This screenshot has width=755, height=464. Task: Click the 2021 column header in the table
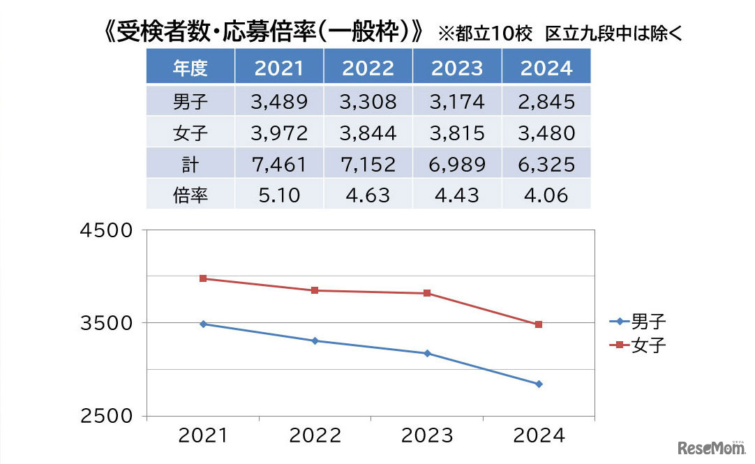tap(279, 68)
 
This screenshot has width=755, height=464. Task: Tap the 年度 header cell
tap(190, 68)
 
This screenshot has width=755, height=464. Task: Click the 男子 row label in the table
tap(190, 102)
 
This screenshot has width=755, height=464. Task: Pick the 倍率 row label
tap(190, 195)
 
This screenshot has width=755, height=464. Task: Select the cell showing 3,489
tap(279, 102)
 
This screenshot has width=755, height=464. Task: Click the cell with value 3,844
tap(368, 133)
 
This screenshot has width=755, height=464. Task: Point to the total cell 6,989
tap(457, 164)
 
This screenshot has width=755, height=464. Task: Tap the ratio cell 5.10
tap(279, 195)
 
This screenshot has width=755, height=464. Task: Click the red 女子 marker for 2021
tap(203, 278)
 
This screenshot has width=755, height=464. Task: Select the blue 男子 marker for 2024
tap(539, 384)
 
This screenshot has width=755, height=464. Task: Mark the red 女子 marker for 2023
tap(427, 293)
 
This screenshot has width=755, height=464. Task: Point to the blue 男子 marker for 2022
tap(315, 340)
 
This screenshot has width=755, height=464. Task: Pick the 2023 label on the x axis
tap(427, 436)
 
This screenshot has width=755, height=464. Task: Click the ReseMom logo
tap(709, 446)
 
